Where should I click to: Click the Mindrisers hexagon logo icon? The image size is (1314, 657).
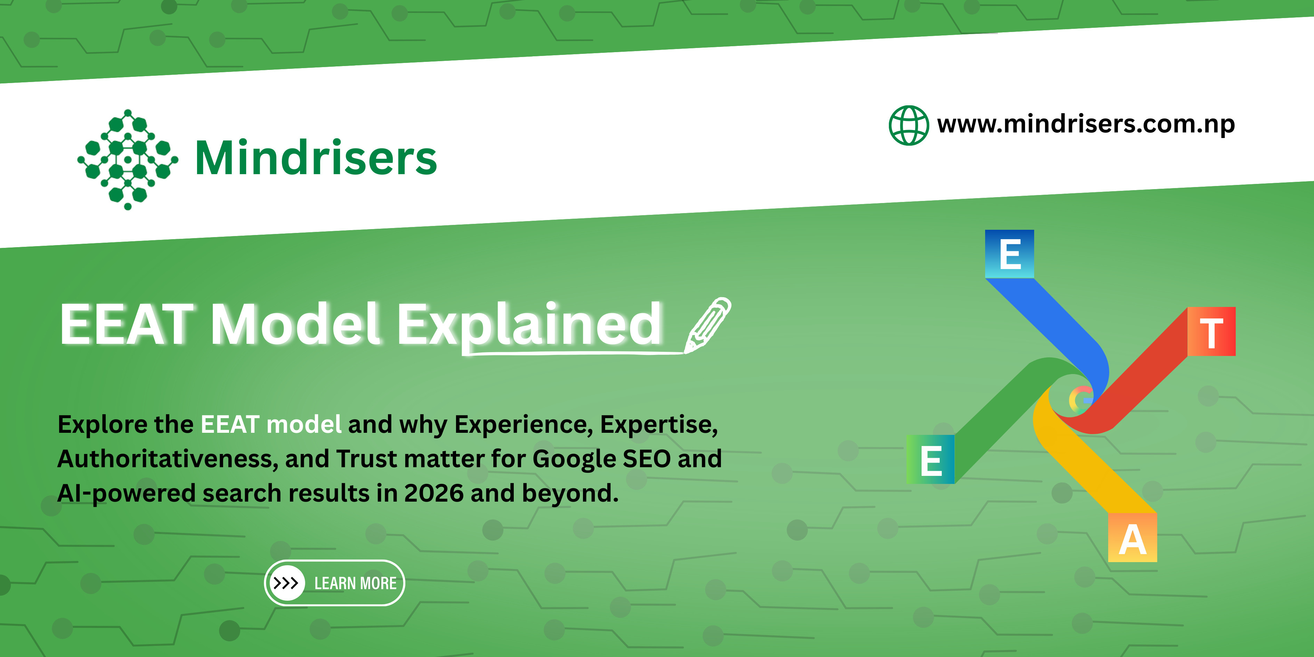128,159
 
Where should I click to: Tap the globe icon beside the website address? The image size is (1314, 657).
908,125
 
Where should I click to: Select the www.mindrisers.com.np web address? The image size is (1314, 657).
1086,124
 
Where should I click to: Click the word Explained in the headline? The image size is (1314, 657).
529,325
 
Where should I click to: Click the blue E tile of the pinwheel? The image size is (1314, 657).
1009,253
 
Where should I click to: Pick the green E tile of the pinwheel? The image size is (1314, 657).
931,459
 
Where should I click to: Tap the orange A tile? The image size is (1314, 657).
1133,538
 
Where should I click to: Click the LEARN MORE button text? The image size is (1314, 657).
356,583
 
